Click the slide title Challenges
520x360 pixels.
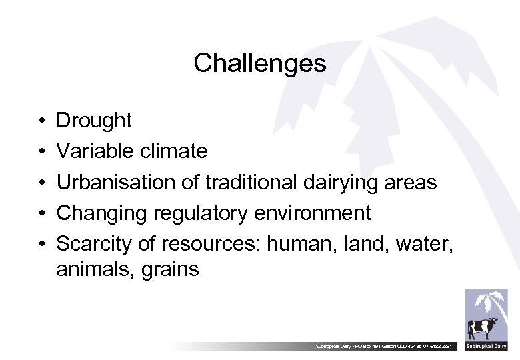click(x=260, y=63)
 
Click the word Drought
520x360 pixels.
click(x=94, y=121)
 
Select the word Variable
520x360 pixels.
click(x=95, y=151)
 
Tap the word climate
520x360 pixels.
click(x=173, y=151)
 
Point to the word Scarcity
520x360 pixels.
click(x=95, y=244)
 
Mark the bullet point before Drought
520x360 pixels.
click(x=41, y=121)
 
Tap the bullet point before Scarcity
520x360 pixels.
click(x=41, y=245)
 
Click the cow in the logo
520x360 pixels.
click(x=483, y=329)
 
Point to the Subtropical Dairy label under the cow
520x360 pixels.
click(x=486, y=347)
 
